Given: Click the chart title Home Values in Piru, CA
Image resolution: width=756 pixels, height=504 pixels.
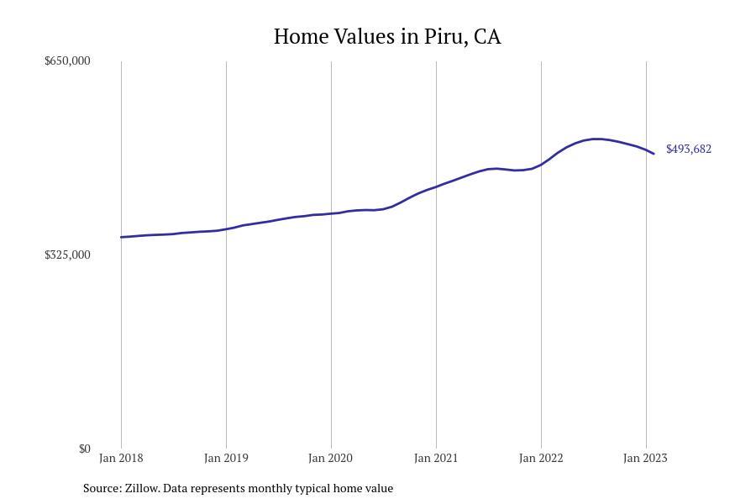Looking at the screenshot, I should coord(387,37).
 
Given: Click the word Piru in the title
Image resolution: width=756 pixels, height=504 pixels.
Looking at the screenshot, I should coord(449,37).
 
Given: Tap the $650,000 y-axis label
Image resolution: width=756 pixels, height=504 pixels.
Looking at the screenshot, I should coord(67,60).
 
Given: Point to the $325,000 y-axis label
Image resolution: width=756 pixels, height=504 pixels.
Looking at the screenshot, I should coord(67,255).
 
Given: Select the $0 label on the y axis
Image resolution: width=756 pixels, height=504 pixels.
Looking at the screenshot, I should coord(84,449).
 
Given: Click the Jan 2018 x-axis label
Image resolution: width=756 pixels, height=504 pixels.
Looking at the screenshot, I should coord(121,458).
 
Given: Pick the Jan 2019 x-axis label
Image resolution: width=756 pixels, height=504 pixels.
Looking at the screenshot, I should coord(226,458).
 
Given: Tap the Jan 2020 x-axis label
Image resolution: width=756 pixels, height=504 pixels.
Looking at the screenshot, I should coord(331,458).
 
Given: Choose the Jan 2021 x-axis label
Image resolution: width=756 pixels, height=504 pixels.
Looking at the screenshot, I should coord(436,458).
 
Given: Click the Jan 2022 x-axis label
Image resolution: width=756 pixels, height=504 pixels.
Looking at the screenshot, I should coord(541,458).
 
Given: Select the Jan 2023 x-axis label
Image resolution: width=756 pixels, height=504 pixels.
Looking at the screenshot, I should coord(645,458).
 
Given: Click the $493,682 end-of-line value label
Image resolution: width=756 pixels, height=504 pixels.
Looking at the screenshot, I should coord(689,149).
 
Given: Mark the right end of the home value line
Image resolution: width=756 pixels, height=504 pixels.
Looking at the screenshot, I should coord(654,154).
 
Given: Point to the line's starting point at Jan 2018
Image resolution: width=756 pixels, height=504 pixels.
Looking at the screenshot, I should coord(121,237).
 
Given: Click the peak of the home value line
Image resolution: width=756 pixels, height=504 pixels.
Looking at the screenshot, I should coord(596,139).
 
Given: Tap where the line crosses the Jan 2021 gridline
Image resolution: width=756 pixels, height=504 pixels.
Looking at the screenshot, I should coord(436,186).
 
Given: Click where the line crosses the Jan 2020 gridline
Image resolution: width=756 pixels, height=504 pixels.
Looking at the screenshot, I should coord(331,213).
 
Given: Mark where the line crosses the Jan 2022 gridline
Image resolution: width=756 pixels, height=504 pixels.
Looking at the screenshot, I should coord(541,165).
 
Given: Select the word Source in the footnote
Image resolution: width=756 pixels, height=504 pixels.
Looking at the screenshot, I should coord(101,488).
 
